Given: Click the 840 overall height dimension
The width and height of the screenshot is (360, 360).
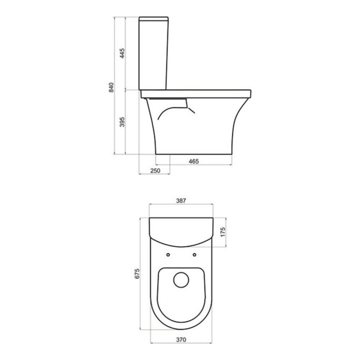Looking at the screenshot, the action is (111, 87).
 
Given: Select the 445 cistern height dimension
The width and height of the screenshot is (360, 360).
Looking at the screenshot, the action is (122, 53).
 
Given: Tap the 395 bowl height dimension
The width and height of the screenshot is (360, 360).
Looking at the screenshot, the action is (122, 122).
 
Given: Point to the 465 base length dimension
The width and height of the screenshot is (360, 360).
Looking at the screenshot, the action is (194, 161).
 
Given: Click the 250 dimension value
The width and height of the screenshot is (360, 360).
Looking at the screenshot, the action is (155, 171).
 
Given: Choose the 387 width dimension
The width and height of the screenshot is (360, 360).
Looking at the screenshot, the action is (181, 201).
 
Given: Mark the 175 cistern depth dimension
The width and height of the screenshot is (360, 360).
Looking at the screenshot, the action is (223, 232).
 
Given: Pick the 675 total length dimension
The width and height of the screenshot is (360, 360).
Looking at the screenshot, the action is (137, 273).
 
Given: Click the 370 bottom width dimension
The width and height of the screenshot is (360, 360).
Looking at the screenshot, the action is (181, 339).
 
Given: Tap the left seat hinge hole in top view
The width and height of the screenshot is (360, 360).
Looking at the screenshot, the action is (168, 255).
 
